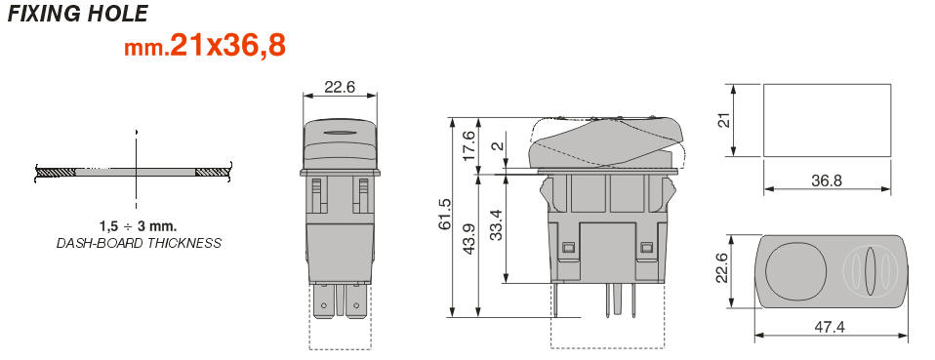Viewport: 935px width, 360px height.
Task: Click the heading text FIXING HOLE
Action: [x=77, y=13]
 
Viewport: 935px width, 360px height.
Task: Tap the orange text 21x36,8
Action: [x=227, y=46]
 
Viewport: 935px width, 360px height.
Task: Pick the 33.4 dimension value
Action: [x=496, y=223]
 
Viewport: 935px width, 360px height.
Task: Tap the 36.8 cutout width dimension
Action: [x=827, y=180]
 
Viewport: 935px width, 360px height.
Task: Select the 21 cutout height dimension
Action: [x=723, y=120]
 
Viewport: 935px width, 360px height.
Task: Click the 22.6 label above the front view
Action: [x=340, y=87]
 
